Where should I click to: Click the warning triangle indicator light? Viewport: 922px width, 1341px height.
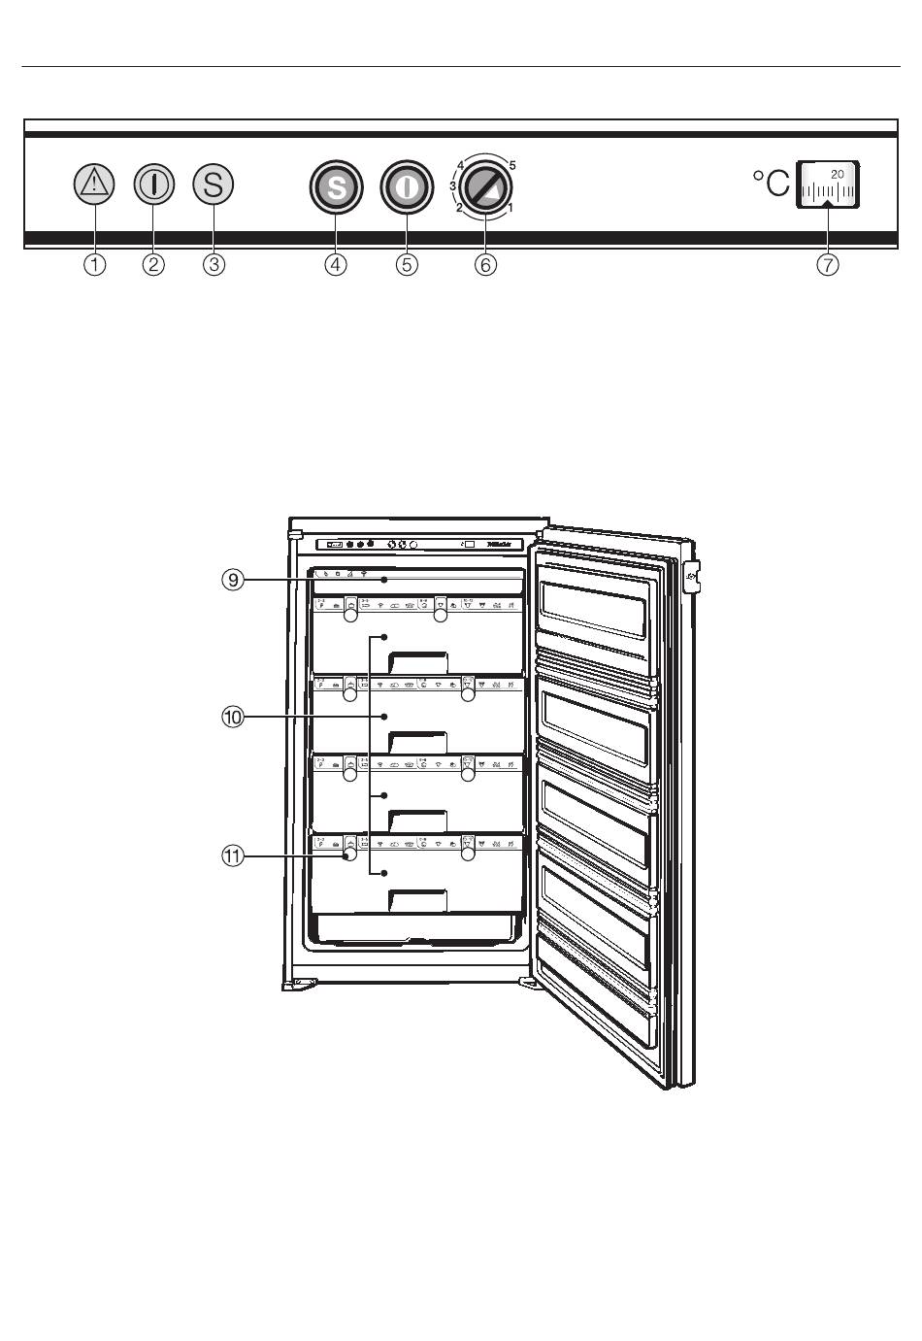(x=94, y=184)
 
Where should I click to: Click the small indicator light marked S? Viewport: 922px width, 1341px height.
(x=214, y=184)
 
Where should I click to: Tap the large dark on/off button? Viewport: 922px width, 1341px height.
(x=406, y=186)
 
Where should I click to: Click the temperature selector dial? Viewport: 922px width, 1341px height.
(x=484, y=187)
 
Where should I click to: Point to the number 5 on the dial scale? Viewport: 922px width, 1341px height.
(x=511, y=165)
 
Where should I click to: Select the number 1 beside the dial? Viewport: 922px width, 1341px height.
(x=510, y=207)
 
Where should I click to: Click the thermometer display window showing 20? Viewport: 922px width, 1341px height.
(x=828, y=184)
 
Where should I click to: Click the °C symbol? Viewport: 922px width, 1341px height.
(x=771, y=184)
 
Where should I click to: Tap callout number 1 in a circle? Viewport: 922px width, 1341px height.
(x=94, y=264)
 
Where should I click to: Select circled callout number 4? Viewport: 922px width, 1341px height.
(x=336, y=264)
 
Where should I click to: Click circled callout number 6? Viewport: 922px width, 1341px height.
(x=485, y=264)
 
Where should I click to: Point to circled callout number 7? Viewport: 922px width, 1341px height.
(x=827, y=264)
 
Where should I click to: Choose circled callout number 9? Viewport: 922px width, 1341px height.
(x=232, y=580)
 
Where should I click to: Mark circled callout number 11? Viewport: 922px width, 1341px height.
(x=232, y=856)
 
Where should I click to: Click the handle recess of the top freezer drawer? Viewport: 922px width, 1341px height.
(x=417, y=663)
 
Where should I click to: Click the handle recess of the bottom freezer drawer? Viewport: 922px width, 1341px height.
(x=417, y=900)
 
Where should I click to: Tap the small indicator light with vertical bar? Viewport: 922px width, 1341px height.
(x=153, y=184)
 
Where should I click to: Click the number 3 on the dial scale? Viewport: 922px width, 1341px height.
(x=452, y=185)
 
